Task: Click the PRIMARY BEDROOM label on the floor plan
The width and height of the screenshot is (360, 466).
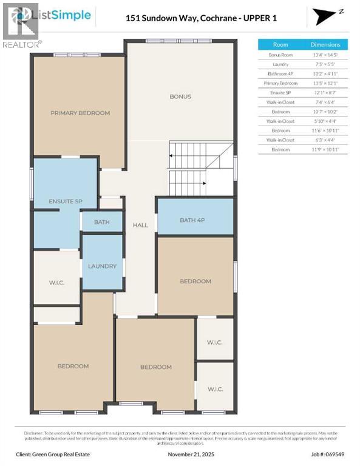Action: (x=80, y=113)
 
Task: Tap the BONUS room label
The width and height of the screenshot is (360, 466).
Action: (x=180, y=96)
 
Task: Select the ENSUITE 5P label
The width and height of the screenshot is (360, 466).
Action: (x=65, y=201)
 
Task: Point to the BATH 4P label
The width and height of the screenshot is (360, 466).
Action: (x=195, y=220)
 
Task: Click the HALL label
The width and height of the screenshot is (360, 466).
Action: (x=140, y=225)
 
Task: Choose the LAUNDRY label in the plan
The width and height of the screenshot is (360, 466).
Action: (x=102, y=266)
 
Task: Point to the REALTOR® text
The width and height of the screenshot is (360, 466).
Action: (x=22, y=44)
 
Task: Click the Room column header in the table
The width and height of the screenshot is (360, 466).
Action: (x=280, y=44)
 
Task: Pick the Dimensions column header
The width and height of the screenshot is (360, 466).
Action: (x=325, y=44)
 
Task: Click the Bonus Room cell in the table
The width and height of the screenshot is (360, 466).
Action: (x=280, y=55)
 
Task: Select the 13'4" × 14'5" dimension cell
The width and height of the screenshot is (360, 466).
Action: (x=325, y=55)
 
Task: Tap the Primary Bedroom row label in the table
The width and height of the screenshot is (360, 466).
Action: (x=280, y=83)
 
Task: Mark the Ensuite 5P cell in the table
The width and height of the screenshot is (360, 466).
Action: (x=280, y=92)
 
